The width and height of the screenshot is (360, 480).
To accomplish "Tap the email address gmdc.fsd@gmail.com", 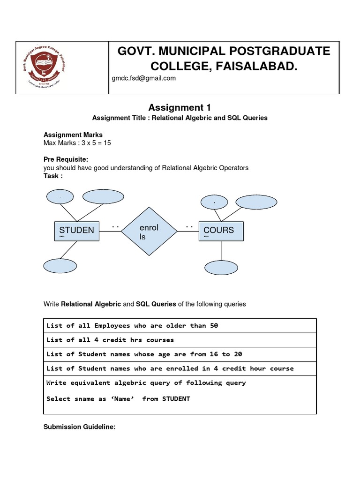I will (144, 78).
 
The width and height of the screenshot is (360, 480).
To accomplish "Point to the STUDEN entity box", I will (77, 231).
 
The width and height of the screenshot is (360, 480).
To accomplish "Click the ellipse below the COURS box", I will (221, 267).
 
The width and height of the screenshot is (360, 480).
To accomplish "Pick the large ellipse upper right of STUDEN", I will (100, 196).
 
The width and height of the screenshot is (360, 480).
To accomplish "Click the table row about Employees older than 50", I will (132, 325).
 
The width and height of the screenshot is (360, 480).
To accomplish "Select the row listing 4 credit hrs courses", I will (110, 340).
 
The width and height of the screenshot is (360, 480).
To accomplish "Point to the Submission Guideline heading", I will (79, 427).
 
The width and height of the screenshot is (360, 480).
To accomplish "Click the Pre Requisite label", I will (66, 159).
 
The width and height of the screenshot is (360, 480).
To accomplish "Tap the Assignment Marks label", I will (73, 135).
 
